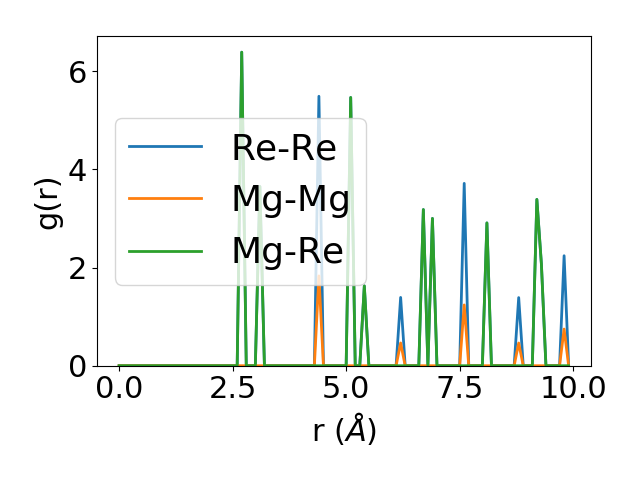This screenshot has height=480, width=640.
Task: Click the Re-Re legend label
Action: tap(283, 148)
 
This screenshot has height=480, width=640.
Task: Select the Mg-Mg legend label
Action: tap(290, 200)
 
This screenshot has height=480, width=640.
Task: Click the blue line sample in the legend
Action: tap(166, 148)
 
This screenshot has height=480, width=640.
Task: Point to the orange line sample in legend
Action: tap(166, 200)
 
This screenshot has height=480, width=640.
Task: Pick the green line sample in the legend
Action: tap(166, 252)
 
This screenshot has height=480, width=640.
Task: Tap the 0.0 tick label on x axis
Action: tap(119, 388)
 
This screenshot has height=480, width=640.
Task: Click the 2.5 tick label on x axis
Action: tap(232, 388)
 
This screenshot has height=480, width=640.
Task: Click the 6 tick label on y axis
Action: tap(77, 72)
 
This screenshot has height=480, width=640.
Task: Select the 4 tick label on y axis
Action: tap(77, 170)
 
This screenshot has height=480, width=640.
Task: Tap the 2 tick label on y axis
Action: tap(77, 268)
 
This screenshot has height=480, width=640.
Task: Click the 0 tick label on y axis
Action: tap(77, 366)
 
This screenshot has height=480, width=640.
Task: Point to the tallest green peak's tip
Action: tap(241, 52)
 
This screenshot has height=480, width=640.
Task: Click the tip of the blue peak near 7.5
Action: tap(464, 183)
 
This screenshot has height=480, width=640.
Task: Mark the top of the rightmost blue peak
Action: tap(564, 255)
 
